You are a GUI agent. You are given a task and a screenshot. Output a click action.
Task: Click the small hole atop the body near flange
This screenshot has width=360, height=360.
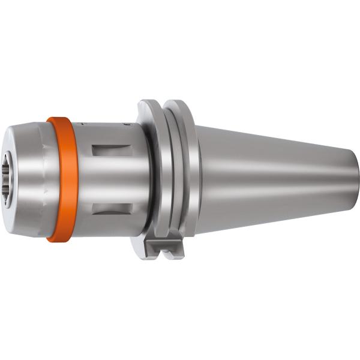(x=126, y=125)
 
